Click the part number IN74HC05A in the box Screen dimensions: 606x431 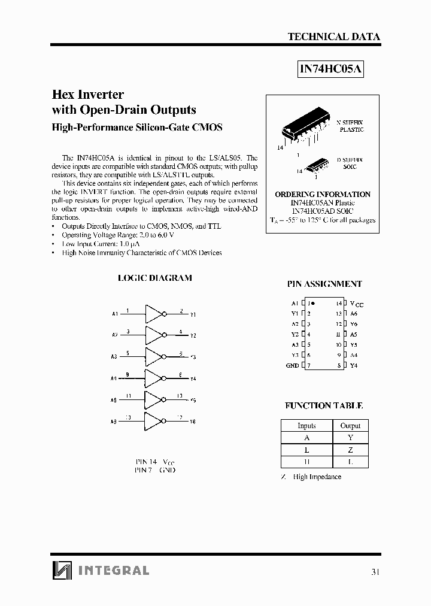coord(331,69)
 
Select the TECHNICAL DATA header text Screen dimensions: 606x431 coord(334,37)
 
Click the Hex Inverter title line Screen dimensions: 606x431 coord(88,95)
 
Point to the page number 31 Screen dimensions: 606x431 coord(375,572)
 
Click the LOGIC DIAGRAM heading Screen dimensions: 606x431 coord(154,278)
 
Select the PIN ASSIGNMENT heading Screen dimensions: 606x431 coord(325,284)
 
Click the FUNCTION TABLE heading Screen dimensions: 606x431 coord(323,405)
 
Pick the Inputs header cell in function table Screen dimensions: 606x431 coord(306,426)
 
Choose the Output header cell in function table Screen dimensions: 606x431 coord(350,426)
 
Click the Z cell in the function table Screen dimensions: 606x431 coord(350,450)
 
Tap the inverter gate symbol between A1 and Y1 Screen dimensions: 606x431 coord(154,313)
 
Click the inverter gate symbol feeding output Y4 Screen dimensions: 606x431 coord(154,378)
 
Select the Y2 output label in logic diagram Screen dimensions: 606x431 coord(193,336)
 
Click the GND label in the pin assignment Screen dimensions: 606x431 coord(292,365)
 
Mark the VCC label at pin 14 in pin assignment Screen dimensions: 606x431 coord(356,304)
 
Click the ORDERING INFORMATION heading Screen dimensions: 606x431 coord(323,195)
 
